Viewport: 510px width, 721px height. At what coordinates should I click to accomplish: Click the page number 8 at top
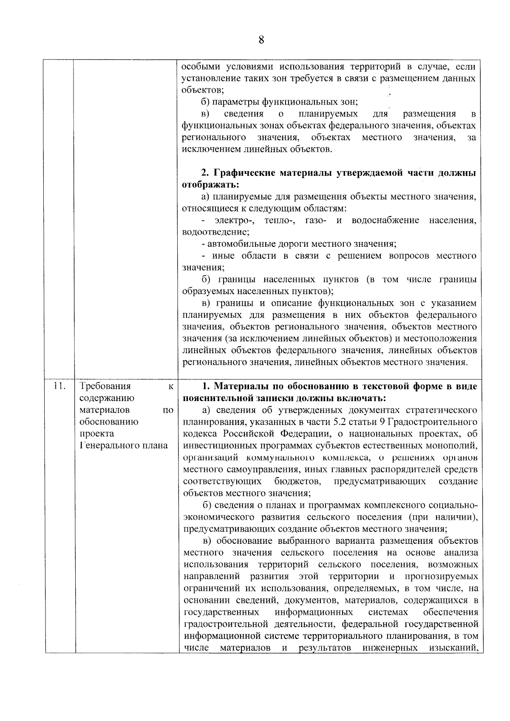(261, 40)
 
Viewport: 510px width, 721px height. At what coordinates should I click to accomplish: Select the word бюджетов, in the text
(297, 481)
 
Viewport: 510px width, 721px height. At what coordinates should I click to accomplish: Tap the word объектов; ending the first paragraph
(202, 90)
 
